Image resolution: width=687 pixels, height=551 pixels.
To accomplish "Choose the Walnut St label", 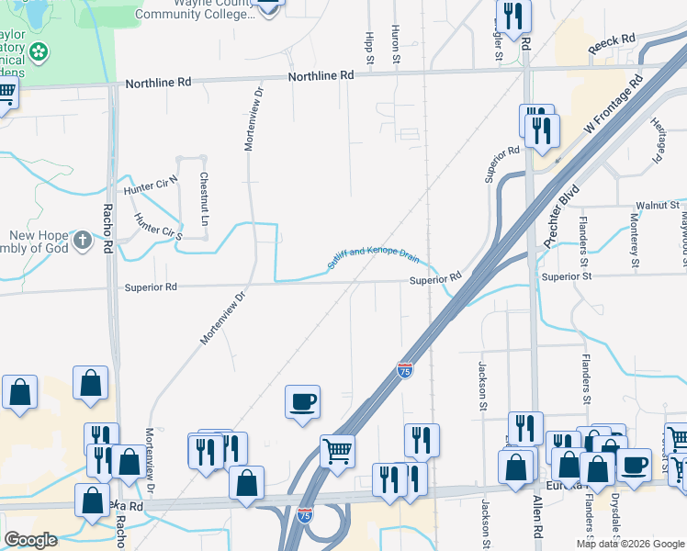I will click(x=659, y=206).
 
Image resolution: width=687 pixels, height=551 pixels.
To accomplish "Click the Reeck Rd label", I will click(x=613, y=42).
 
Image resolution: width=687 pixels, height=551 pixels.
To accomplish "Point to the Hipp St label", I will click(x=369, y=46).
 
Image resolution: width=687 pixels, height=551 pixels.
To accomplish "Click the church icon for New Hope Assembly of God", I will click(x=83, y=241).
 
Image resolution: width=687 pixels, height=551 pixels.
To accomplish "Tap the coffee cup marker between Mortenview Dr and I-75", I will click(x=302, y=401).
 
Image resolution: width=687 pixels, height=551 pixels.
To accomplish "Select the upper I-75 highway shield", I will click(x=405, y=369).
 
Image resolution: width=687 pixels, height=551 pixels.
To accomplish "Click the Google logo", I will click(x=31, y=540).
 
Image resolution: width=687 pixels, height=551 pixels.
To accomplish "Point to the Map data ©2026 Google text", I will click(x=628, y=544).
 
